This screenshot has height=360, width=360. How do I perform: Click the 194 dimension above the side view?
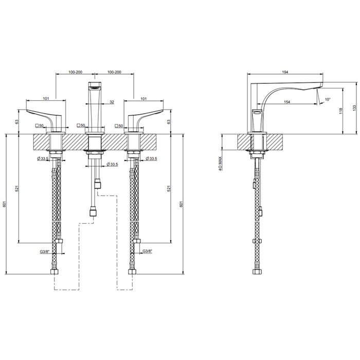point(285,72)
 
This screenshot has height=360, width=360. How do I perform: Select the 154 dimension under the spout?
point(287,102)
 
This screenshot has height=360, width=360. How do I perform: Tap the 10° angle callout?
point(328,99)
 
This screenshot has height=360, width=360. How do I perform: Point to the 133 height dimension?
point(354,108)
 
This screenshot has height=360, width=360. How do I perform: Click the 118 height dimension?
point(340,111)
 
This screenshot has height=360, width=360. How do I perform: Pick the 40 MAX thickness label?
point(220,164)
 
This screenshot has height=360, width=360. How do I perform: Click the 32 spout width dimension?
point(112,102)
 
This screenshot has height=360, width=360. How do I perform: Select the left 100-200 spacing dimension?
point(75,72)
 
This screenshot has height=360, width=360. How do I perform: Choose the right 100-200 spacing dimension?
point(114,72)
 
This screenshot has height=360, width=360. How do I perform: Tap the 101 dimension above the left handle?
point(46,99)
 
